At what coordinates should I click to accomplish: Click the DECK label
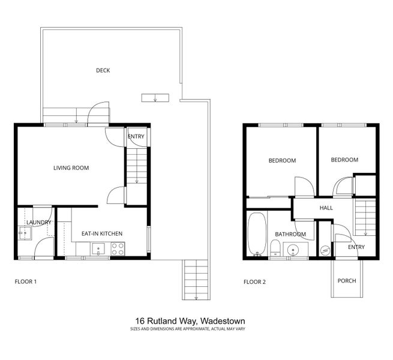pos(103,70)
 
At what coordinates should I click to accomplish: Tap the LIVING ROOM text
pos(71,168)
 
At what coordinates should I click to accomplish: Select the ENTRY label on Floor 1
pos(136,137)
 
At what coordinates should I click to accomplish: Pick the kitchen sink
pos(98,248)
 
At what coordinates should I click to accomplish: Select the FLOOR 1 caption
pos(26,281)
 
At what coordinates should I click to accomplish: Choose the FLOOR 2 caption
pos(254,281)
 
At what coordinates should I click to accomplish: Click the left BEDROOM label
pos(282,161)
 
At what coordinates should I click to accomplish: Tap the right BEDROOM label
pos(344,160)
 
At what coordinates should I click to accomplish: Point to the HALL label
pos(326,208)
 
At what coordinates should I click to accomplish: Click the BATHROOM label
pos(290,234)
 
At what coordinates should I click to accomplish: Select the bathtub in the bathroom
pos(256,234)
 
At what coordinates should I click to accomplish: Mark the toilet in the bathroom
pos(274,248)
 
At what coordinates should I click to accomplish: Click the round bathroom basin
pos(293,249)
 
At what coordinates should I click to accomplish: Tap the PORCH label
pos(347,280)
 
